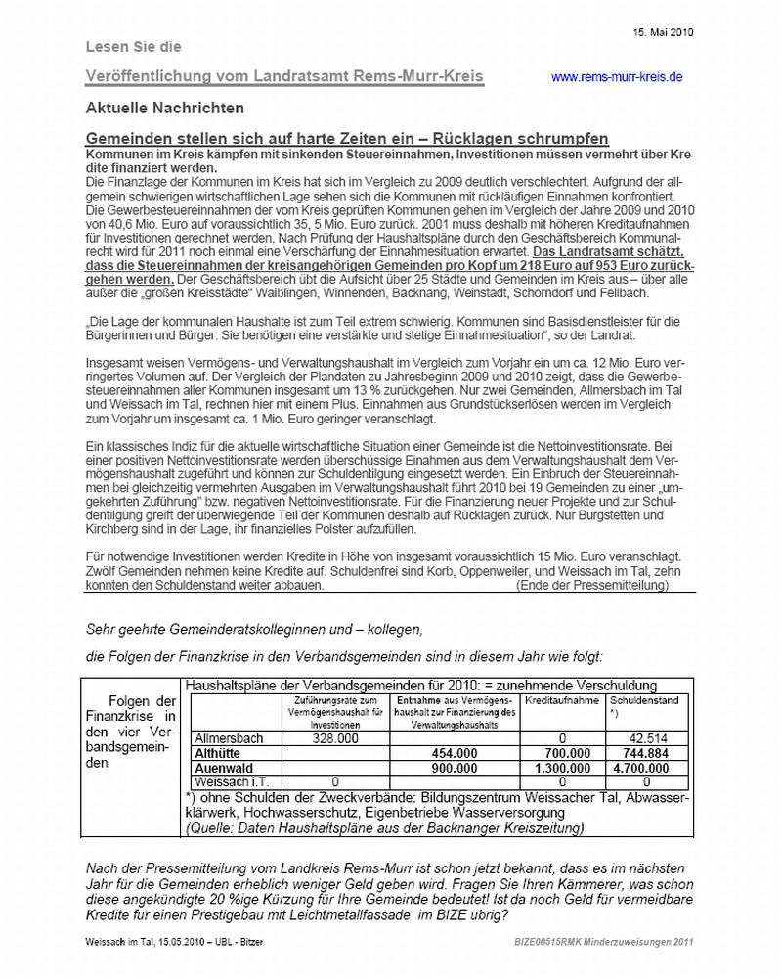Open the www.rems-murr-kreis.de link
[617, 77]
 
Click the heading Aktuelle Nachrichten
[164, 108]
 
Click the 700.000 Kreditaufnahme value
[566, 754]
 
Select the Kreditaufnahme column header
[560, 702]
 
